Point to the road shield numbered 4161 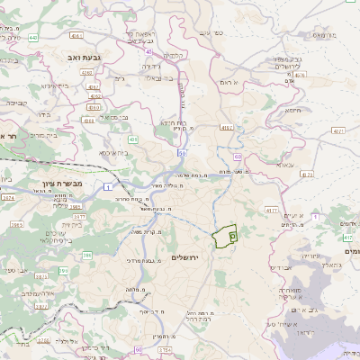tap(76, 37)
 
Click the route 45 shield tap(147, 51)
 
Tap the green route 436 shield tap(132, 140)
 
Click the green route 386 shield tap(88, 256)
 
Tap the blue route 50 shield tap(182, 154)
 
